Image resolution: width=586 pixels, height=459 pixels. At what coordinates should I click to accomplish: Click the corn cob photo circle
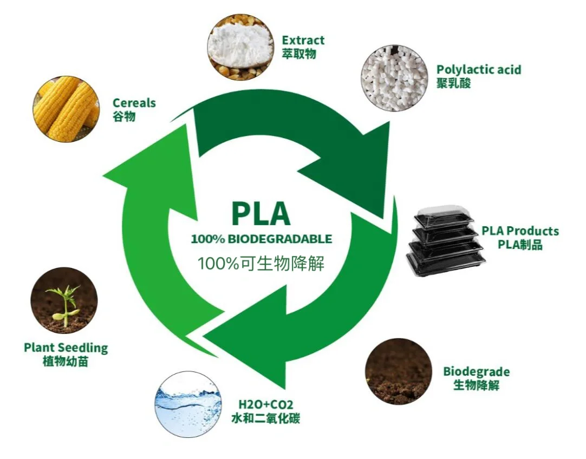tap(66, 109)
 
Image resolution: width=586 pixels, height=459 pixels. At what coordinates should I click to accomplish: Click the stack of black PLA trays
tap(444, 241)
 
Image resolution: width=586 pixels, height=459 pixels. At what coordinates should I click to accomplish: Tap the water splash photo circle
tap(188, 404)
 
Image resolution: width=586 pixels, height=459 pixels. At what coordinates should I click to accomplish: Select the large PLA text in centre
tap(261, 214)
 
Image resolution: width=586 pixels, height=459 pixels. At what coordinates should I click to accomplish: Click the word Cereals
tap(134, 103)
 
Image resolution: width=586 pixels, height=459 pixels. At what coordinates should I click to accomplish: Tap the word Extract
tap(303, 40)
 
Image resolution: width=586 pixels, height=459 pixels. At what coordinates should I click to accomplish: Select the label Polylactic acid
tap(479, 70)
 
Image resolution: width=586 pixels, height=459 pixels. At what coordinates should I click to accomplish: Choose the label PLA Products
tap(520, 231)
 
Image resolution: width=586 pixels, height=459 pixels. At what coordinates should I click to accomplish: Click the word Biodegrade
tap(476, 372)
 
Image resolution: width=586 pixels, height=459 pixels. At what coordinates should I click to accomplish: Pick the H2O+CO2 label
tap(262, 404)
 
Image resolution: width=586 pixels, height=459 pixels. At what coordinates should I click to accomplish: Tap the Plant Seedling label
tap(66, 347)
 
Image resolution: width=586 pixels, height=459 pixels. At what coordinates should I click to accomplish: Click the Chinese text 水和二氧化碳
tap(265, 418)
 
